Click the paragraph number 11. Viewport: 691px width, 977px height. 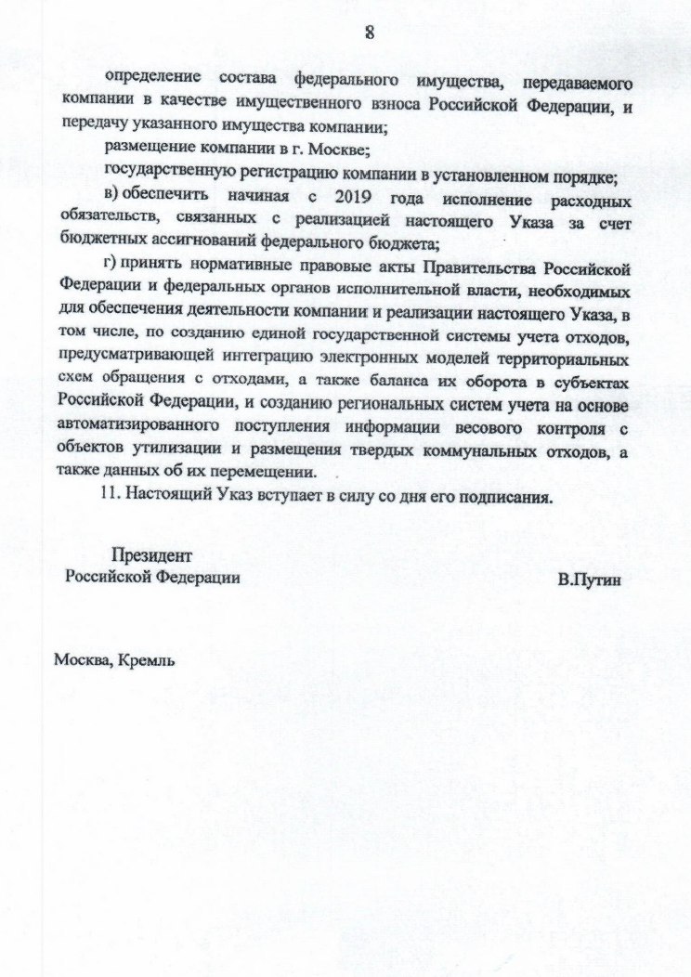(111, 495)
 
